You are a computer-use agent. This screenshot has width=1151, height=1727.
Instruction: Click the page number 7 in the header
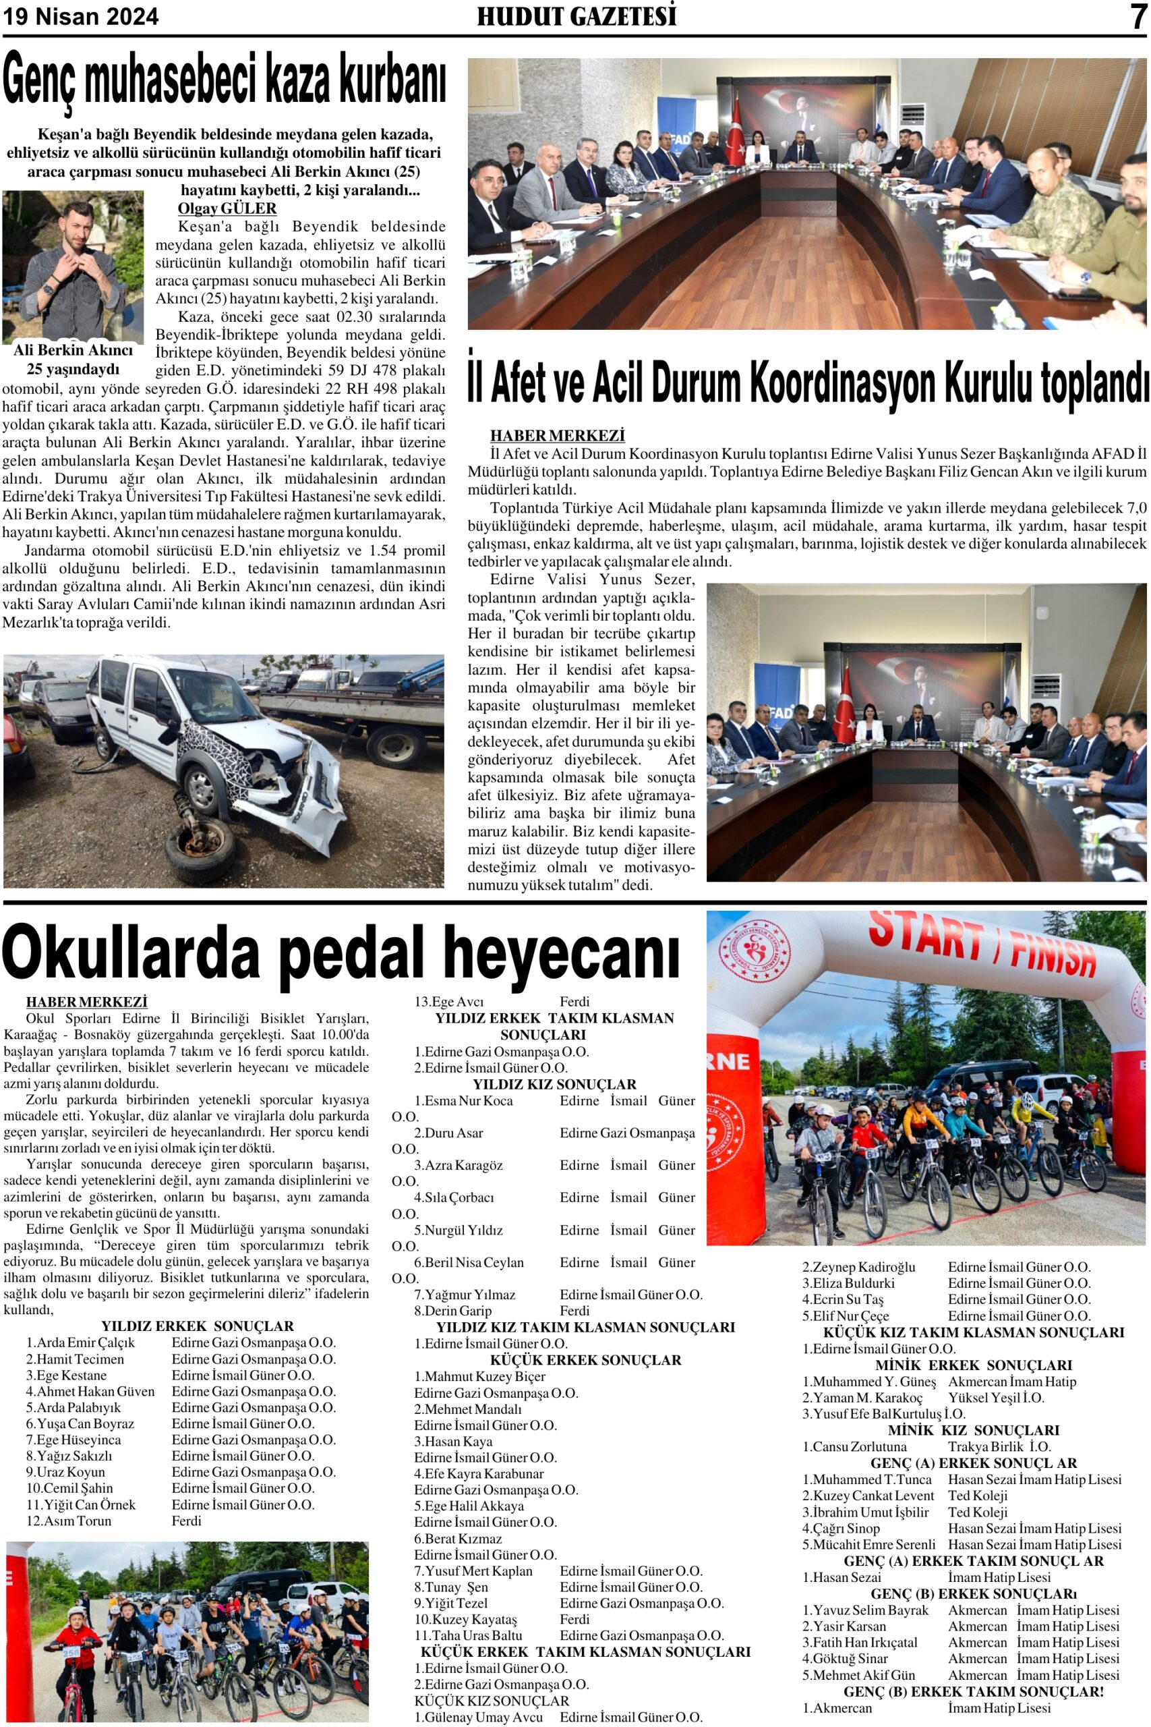(1137, 16)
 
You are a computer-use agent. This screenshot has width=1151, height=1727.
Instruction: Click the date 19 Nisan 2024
(81, 16)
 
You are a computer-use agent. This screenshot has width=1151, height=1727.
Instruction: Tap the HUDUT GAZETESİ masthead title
(577, 16)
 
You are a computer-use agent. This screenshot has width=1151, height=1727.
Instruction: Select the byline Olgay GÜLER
(227, 208)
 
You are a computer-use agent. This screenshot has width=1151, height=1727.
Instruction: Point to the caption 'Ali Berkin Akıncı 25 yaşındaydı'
(73, 359)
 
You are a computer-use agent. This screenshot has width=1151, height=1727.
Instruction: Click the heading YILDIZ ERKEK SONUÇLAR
(197, 1326)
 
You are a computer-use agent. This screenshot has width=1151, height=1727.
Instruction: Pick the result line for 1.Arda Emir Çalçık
(81, 1342)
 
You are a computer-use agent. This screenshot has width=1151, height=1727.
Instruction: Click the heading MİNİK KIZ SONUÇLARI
(974, 1429)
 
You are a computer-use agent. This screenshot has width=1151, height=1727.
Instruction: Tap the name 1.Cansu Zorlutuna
(854, 1446)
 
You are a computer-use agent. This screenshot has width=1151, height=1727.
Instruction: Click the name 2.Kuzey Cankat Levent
(868, 1496)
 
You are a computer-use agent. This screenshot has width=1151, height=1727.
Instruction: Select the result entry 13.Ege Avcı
(448, 1002)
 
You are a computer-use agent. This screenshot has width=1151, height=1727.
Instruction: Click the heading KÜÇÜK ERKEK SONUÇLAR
(586, 1360)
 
